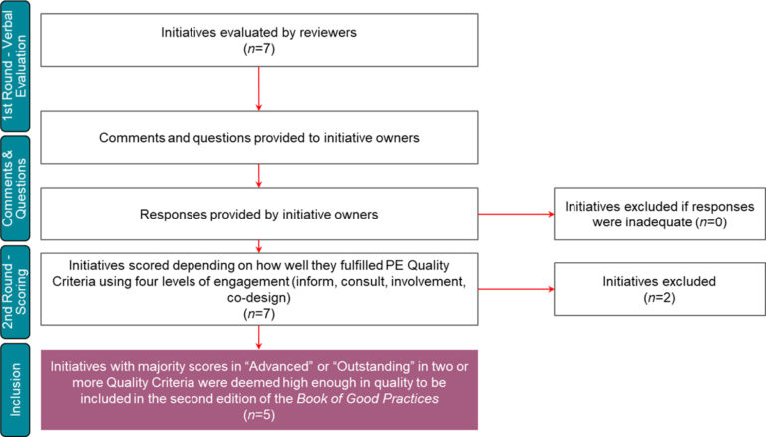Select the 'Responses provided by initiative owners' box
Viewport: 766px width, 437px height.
pyautogui.click(x=259, y=213)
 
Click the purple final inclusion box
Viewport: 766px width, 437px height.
pyautogui.click(x=259, y=390)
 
